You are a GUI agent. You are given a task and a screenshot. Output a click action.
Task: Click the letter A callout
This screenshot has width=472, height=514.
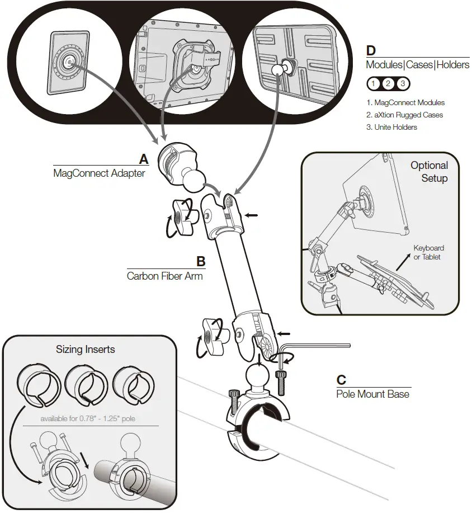144,159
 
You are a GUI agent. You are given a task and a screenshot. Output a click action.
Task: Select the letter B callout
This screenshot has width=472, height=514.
201,261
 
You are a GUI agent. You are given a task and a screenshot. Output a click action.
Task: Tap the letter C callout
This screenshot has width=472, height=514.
342,380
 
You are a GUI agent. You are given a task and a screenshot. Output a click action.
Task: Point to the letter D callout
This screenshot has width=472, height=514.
371,51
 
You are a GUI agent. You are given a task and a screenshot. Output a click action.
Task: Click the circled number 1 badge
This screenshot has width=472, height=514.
374,84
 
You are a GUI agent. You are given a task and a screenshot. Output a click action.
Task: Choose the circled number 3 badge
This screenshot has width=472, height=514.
403,84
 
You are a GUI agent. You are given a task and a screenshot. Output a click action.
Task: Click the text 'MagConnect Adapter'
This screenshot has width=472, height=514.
99,173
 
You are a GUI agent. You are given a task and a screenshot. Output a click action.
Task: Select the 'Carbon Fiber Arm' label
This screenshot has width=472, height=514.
164,275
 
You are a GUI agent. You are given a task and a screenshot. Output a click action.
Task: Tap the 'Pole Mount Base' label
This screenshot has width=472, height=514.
372,394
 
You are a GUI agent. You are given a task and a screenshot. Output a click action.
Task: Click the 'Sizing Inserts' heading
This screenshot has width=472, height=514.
85,350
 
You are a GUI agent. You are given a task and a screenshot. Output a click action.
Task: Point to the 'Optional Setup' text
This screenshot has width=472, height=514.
429,172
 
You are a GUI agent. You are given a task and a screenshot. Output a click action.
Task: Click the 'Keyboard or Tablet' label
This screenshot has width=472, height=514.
428,252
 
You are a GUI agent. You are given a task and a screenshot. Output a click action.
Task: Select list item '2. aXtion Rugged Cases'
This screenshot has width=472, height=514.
405,115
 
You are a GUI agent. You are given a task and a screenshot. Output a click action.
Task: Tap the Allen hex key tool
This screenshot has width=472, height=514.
313,348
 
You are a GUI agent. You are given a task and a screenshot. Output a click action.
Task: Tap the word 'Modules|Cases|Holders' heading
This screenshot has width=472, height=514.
418,65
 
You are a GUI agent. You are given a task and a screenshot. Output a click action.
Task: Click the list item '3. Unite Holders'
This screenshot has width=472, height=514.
391,127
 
